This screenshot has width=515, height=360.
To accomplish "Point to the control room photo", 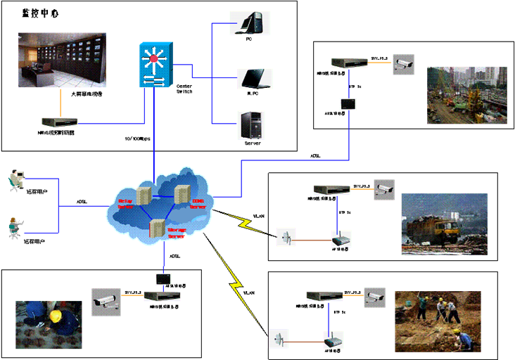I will (x=61, y=60).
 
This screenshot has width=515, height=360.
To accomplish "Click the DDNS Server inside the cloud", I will (x=183, y=197).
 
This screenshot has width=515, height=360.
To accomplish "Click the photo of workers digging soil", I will (x=438, y=321).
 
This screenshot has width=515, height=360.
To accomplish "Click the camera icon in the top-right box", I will (x=403, y=63).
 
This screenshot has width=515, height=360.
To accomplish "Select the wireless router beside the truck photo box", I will (x=341, y=238).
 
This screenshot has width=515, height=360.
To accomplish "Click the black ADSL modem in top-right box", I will (x=348, y=104).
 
